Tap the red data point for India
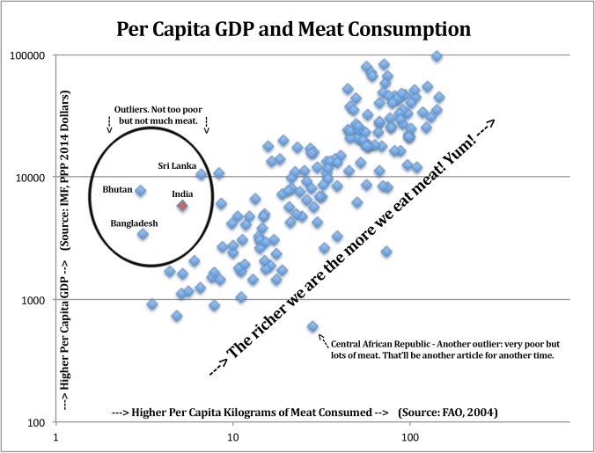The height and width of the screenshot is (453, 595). point(182,205)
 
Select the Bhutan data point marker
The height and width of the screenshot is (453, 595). point(140,191)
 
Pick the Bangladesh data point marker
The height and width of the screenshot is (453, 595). point(143,234)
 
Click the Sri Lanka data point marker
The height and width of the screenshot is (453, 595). point(202,175)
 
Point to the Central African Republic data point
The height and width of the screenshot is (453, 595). point(312,326)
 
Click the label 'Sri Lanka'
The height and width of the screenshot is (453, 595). point(178,165)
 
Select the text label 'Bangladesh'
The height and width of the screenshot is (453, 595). point(134,223)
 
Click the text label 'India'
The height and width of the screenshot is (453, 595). point(182,194)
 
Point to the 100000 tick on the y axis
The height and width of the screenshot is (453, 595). point(26,55)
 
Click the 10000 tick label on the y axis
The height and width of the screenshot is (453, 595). point(29,178)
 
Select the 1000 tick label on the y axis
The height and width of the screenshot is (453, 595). point(32,301)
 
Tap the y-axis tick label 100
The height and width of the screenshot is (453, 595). point(35,423)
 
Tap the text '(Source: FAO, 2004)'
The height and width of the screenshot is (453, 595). point(456,413)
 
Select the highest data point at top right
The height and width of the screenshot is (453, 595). point(437,56)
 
